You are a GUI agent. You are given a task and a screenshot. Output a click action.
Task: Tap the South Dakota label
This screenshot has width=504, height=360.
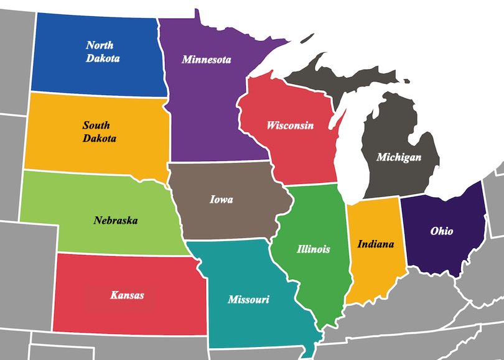pyautogui.click(x=99, y=132)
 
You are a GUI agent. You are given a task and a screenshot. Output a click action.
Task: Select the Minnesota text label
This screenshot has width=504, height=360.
pyautogui.click(x=206, y=60)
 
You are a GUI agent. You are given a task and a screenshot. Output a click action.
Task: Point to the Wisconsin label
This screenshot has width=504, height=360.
pyautogui.click(x=290, y=126)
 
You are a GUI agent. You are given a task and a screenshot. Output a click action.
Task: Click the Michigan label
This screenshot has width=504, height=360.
pyautogui.click(x=398, y=157)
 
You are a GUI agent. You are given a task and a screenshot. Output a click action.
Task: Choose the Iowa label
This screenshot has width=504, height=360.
pyautogui.click(x=221, y=200)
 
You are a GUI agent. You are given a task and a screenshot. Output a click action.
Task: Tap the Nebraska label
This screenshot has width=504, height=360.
pyautogui.click(x=116, y=220)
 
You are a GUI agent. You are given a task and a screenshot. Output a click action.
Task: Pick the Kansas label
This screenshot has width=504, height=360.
pyautogui.click(x=127, y=295)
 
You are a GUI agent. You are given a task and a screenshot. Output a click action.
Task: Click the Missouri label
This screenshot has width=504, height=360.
pyautogui.click(x=248, y=300)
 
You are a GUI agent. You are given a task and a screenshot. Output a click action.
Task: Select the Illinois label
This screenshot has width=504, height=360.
pyautogui.click(x=313, y=249)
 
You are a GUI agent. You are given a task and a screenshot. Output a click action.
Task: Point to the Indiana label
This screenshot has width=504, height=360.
pyautogui.click(x=375, y=244)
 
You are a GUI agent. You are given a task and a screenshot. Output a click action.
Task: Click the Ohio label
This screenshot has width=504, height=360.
pyautogui.click(x=442, y=231)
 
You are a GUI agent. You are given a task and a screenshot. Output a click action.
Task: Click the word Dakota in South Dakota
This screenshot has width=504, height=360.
pyautogui.click(x=99, y=139)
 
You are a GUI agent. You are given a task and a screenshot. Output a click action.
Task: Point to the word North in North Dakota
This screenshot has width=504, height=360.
pyautogui.click(x=100, y=45)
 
